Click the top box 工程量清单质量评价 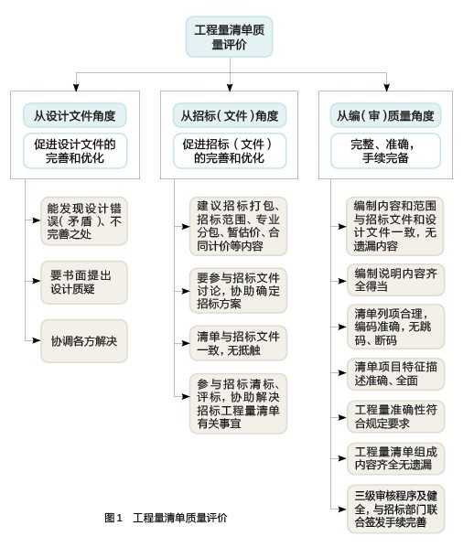pos(229,37)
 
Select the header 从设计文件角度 pos(75,115)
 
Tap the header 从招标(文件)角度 pos(230,115)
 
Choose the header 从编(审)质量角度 pos(385,115)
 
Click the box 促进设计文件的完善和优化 pos(75,151)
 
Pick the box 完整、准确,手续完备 pos(385,151)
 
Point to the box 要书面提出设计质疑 pos(84,283)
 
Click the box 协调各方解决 pos(84,341)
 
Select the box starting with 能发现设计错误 pos(84,221)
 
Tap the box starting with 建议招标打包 pos(238,226)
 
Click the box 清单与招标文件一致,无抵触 pos(238,343)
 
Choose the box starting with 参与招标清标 pos(238,403)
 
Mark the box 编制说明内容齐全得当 pos(395,280)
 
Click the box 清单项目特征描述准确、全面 pos(395,373)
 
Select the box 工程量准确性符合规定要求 pos(395,417)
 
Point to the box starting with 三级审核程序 pos(395,509)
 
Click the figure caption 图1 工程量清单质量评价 pos(166,518)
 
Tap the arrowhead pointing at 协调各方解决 pos(37,340)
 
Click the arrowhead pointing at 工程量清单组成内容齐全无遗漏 pos(342,458)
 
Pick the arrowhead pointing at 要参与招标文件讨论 pos(186,291)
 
